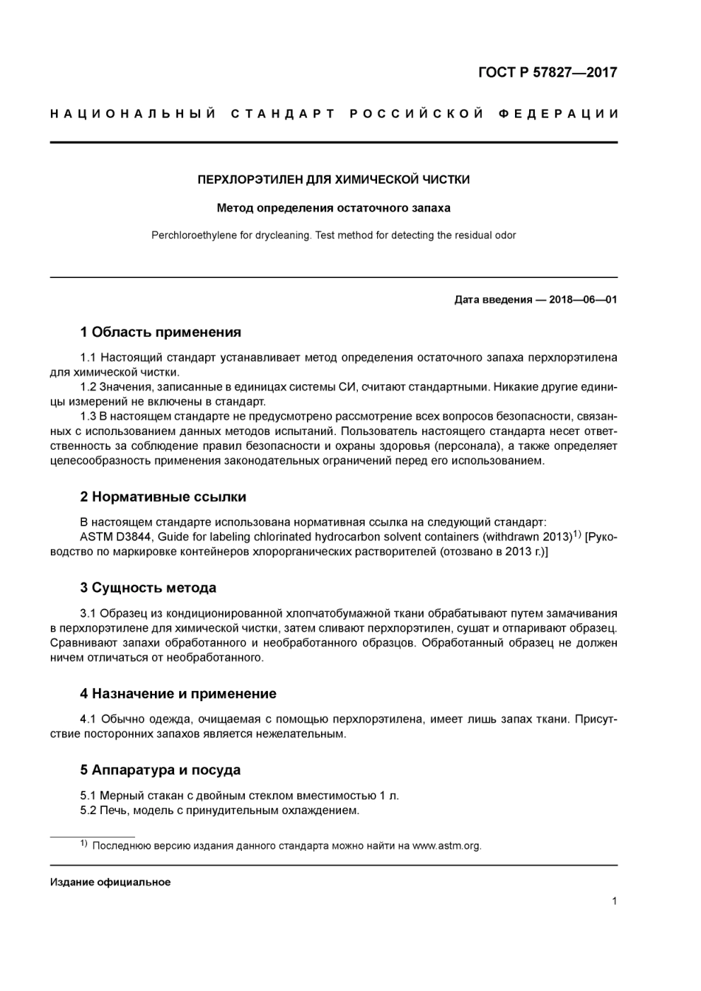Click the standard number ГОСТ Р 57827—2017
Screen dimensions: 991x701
click(547, 72)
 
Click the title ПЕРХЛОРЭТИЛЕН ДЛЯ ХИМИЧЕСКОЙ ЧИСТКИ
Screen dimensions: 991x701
click(334, 179)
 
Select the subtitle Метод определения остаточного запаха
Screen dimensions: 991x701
click(334, 208)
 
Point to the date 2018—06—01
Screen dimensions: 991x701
click(583, 299)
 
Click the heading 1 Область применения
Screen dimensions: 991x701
click(160, 332)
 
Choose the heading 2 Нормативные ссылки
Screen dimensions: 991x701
click(163, 497)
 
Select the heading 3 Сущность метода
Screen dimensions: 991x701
click(148, 588)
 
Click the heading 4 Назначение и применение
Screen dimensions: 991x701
click(178, 693)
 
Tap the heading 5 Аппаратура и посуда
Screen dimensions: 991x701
click(160, 770)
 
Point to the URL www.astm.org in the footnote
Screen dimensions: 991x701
click(446, 846)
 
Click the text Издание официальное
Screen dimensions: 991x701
click(110, 882)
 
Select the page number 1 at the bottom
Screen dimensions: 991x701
click(614, 900)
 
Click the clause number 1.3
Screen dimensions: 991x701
click(88, 417)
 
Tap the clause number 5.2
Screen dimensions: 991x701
click(88, 810)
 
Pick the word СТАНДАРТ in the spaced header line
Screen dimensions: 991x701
click(283, 114)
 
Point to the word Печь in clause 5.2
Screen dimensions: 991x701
click(112, 810)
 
